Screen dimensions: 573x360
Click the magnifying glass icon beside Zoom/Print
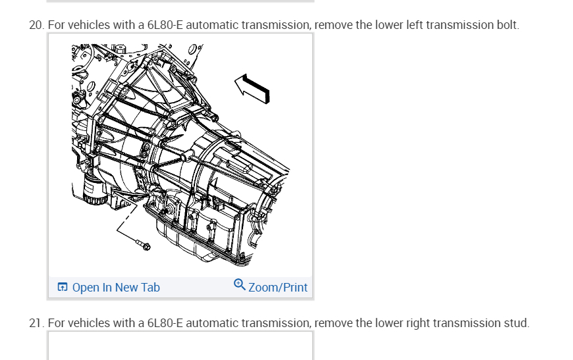pyautogui.click(x=239, y=284)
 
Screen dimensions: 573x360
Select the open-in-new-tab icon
pyautogui.click(x=63, y=287)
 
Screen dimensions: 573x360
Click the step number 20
pyautogui.click(x=36, y=25)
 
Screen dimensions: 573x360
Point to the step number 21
pyautogui.click(x=36, y=323)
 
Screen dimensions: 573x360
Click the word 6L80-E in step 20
pyautogui.click(x=165, y=25)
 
